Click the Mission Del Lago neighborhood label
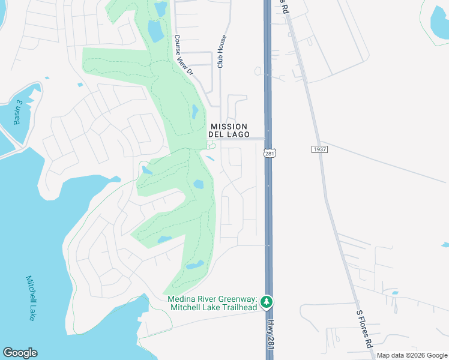pyautogui.click(x=228, y=130)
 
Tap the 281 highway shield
pyautogui.click(x=268, y=154)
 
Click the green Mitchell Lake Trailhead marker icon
pyautogui.click(x=270, y=302)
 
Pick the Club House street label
pyautogui.click(x=221, y=51)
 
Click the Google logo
pyautogui.click(x=20, y=353)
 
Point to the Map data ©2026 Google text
pyautogui.click(x=412, y=356)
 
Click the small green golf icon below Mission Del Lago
pyautogui.click(x=211, y=145)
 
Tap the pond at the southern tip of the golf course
pyautogui.click(x=194, y=265)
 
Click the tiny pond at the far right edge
pyautogui.click(x=445, y=245)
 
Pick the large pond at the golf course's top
pyautogui.click(x=155, y=30)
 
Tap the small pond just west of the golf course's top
pyautogui.click(x=80, y=85)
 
